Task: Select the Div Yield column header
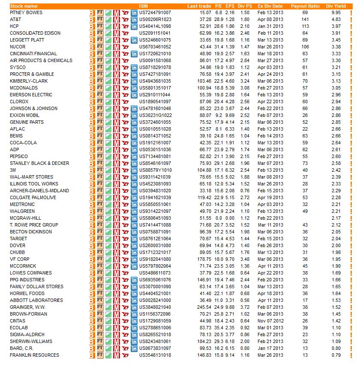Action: [336, 6]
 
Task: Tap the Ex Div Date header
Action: [270, 6]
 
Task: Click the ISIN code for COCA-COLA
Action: [155, 143]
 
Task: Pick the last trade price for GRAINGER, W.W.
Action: [204, 307]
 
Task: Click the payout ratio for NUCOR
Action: [305, 47]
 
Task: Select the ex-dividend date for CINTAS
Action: [270, 321]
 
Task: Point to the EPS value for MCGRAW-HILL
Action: [230, 218]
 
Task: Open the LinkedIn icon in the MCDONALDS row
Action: [133, 88]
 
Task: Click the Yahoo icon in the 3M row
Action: [125, 170]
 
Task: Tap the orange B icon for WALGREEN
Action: [92, 211]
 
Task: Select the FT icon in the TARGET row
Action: [100, 239]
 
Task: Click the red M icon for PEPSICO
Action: [117, 156]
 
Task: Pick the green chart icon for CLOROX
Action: [108, 101]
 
